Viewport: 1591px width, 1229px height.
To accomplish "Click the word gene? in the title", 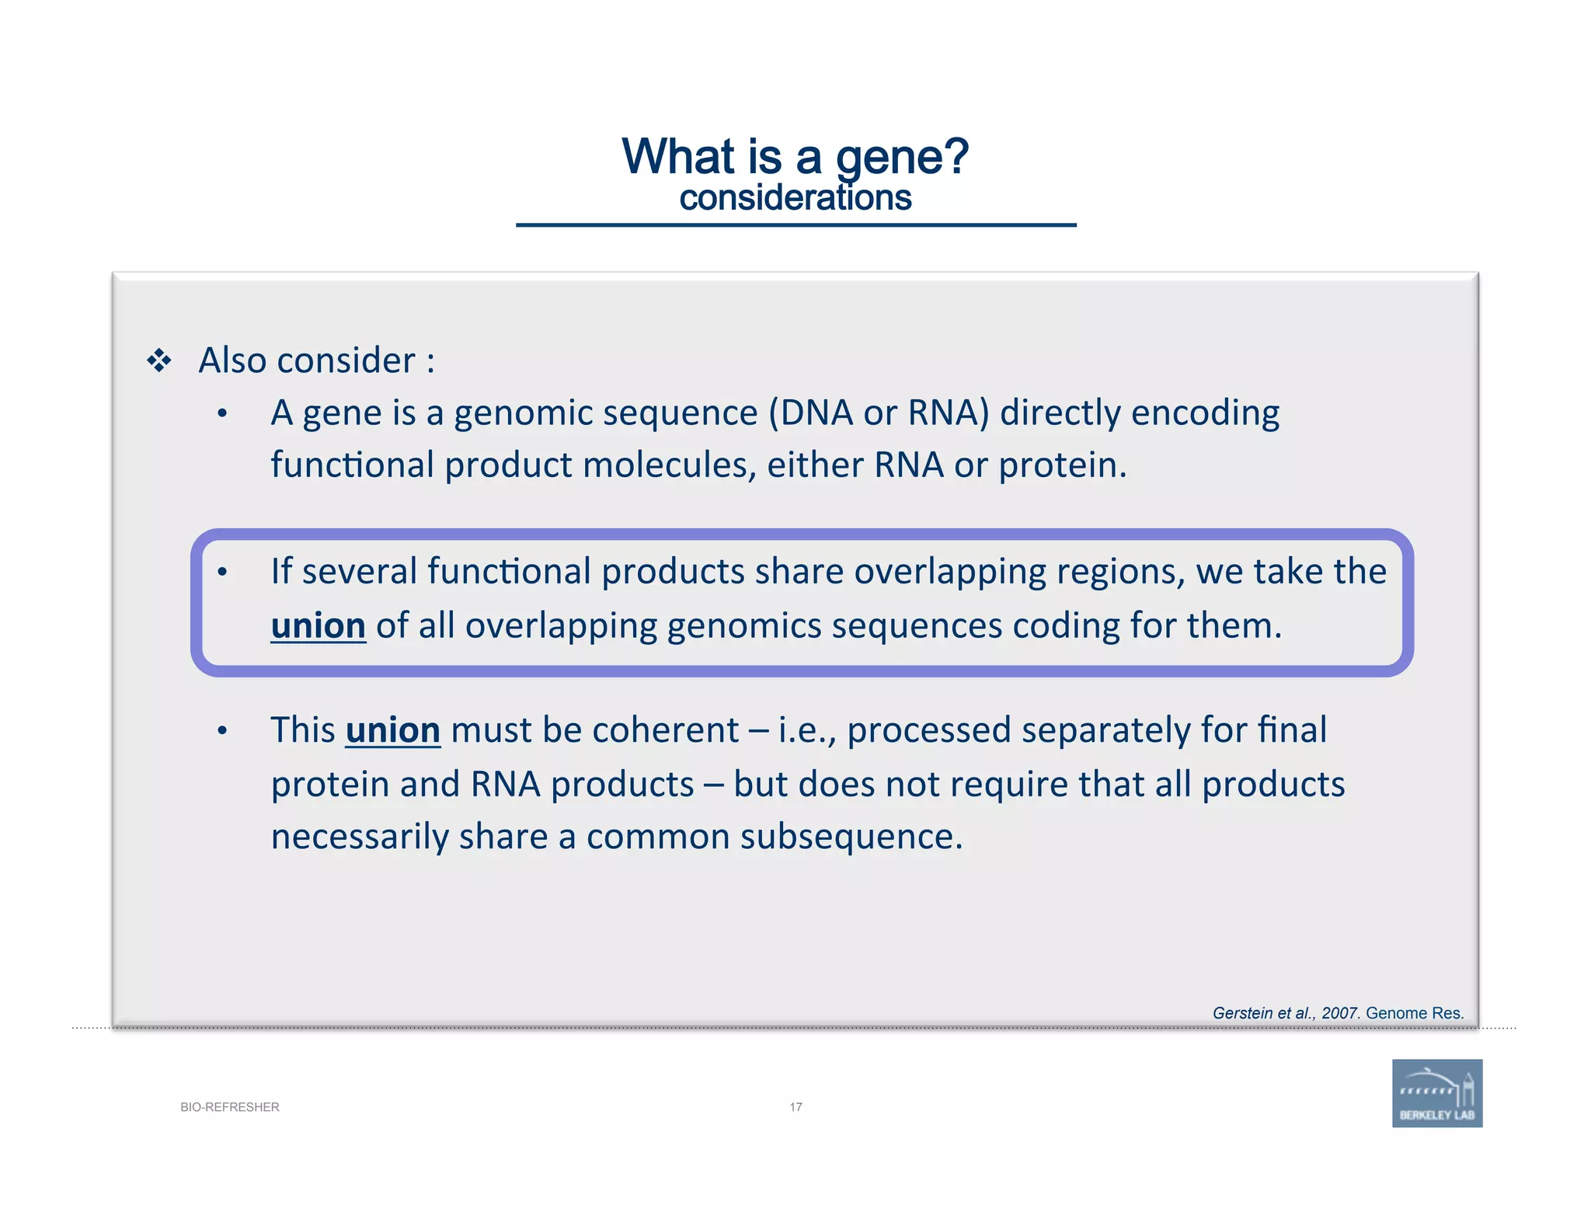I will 901,158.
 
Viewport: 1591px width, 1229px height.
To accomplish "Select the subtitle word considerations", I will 795,198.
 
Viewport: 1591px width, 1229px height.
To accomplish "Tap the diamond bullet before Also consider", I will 159,360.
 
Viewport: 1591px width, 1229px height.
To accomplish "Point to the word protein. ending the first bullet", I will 1062,465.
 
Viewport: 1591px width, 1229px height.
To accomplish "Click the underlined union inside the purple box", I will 318,625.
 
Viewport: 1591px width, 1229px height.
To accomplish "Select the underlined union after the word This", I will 392,730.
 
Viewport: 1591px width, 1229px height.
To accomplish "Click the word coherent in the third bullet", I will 665,730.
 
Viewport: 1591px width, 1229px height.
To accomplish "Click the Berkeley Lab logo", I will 1436,1093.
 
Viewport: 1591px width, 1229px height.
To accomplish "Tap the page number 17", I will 795,1107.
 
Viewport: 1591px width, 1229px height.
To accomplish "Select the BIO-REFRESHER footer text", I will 229,1107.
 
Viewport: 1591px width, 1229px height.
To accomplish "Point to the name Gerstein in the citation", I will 1242,1013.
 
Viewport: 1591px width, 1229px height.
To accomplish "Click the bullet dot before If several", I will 222,573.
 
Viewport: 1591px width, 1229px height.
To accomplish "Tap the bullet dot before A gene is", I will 222,413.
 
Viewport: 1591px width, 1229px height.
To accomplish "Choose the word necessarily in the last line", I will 360,837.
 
